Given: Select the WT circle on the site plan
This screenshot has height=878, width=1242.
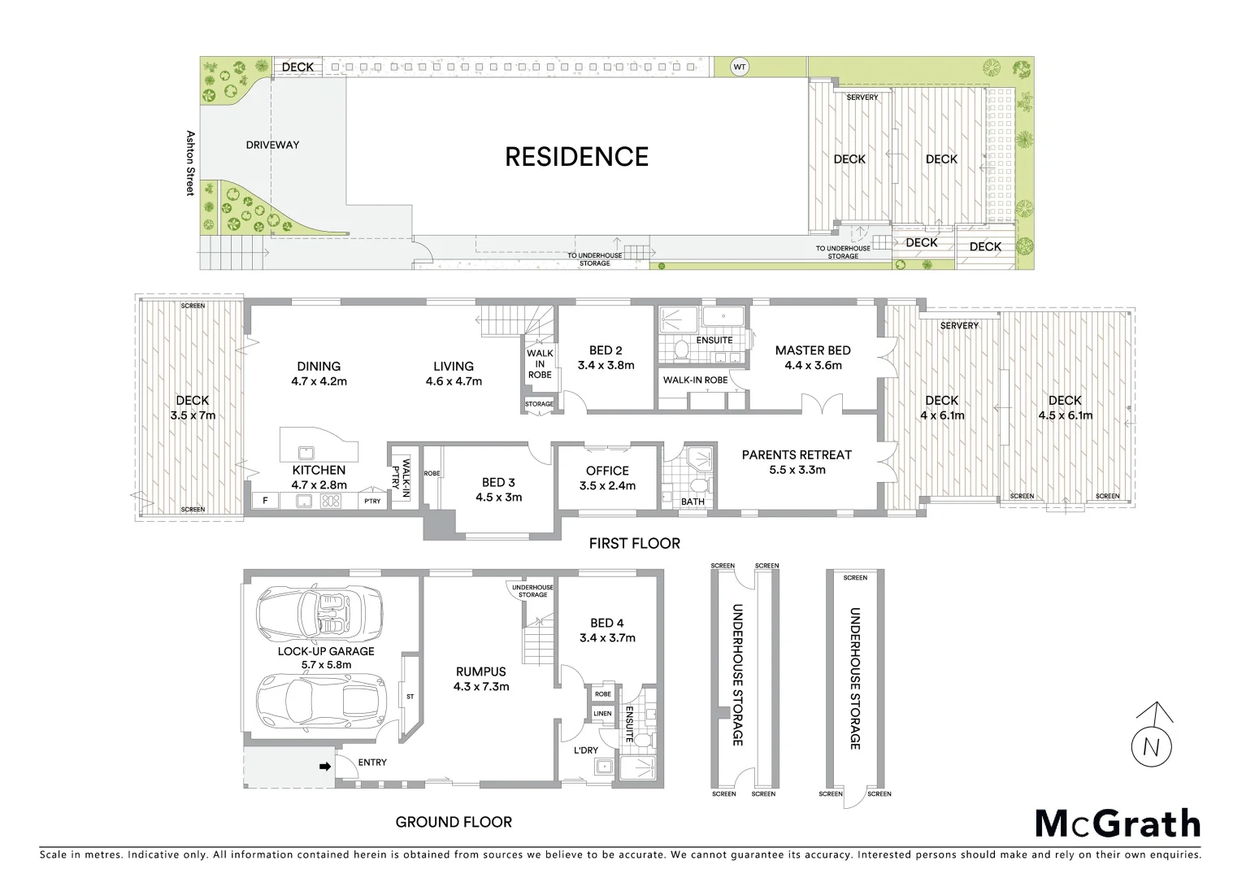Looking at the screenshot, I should (739, 67).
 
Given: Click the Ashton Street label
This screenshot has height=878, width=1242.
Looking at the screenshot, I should (191, 163).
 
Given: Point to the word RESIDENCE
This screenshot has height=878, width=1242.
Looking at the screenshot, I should (576, 156).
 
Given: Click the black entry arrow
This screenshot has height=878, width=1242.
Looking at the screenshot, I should (324, 766).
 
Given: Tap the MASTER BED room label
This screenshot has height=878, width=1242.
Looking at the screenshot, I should (812, 358).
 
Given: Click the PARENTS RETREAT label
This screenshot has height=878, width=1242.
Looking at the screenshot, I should (796, 462).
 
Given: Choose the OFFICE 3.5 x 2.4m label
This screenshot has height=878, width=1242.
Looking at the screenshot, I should (607, 477).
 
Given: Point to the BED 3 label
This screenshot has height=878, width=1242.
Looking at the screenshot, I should (498, 489).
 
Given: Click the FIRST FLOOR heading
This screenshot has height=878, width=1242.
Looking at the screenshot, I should (634, 543).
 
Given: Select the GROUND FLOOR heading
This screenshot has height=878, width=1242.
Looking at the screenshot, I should (454, 822).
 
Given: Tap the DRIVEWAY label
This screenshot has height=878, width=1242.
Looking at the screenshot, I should (272, 145).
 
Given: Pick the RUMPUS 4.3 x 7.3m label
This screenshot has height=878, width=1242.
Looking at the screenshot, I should (481, 679).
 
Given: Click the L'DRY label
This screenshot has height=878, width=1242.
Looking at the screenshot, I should (586, 749).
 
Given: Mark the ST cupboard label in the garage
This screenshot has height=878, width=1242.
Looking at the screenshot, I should (410, 697).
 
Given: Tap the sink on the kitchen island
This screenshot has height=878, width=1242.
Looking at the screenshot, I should (306, 452).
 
